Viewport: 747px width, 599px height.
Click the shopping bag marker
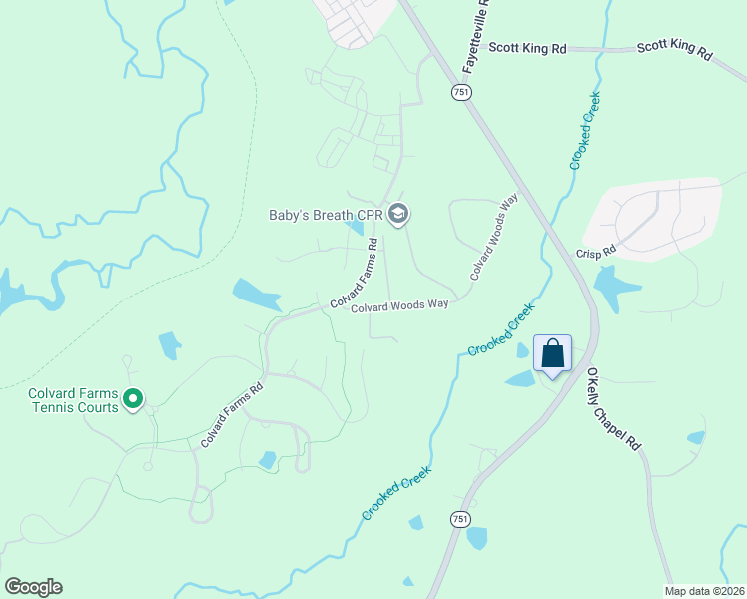coord(553,354)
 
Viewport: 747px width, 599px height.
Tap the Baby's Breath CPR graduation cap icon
coord(398,214)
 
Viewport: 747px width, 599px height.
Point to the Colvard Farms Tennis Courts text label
coord(73,399)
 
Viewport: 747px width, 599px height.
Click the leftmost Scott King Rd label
coord(538,46)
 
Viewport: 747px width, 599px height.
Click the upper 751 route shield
coord(461,91)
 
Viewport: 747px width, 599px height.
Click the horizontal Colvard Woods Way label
coord(399,306)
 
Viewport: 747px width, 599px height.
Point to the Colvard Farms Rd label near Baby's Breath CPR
coord(355,273)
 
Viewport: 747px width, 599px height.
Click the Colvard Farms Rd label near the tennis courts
coord(231,414)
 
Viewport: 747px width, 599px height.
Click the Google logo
coord(33,587)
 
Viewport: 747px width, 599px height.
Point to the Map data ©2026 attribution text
coord(703,591)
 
